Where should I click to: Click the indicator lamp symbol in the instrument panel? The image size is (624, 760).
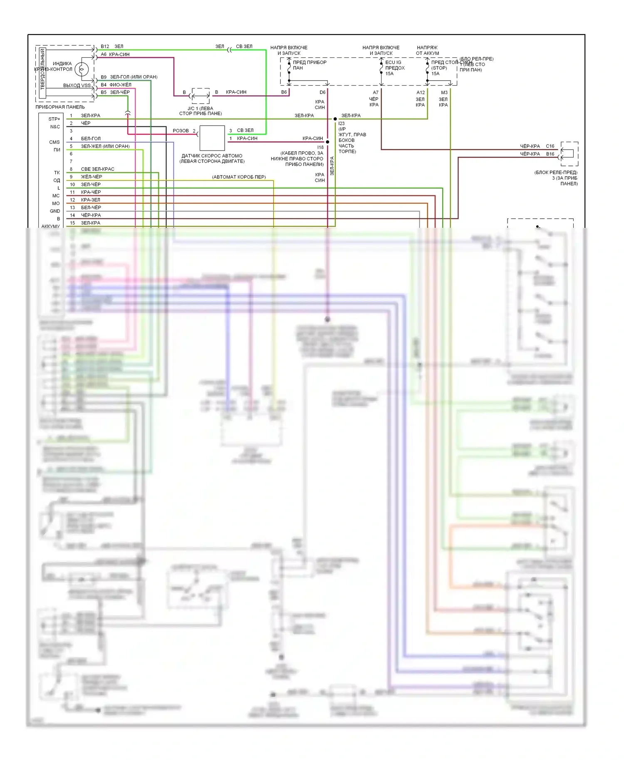click(x=82, y=69)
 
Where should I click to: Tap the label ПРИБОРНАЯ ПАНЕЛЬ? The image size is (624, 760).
click(x=60, y=107)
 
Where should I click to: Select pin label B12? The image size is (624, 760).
click(x=105, y=47)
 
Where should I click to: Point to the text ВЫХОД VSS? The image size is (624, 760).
click(x=77, y=86)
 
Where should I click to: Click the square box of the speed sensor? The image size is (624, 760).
click(x=212, y=138)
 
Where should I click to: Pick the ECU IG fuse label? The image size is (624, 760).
click(x=393, y=62)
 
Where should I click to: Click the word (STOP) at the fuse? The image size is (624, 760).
click(x=439, y=68)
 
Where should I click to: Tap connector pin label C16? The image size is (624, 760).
click(x=550, y=146)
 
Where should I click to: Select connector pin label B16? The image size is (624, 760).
click(x=550, y=154)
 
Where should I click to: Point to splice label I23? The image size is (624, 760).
click(x=342, y=123)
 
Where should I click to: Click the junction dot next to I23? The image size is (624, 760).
click(x=335, y=119)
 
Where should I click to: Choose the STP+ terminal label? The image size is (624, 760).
click(x=54, y=119)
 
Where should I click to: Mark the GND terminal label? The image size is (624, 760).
click(x=55, y=211)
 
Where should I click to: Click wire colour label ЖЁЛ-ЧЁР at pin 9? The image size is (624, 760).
click(x=92, y=177)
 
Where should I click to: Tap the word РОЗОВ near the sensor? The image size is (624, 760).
click(x=181, y=131)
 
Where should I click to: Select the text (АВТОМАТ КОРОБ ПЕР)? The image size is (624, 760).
click(x=239, y=177)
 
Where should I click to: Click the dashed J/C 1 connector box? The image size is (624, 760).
click(x=201, y=96)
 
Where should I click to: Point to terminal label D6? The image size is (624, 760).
click(x=322, y=92)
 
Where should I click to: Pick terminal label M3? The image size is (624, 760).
click(x=444, y=93)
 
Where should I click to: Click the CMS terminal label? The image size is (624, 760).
click(x=54, y=142)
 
